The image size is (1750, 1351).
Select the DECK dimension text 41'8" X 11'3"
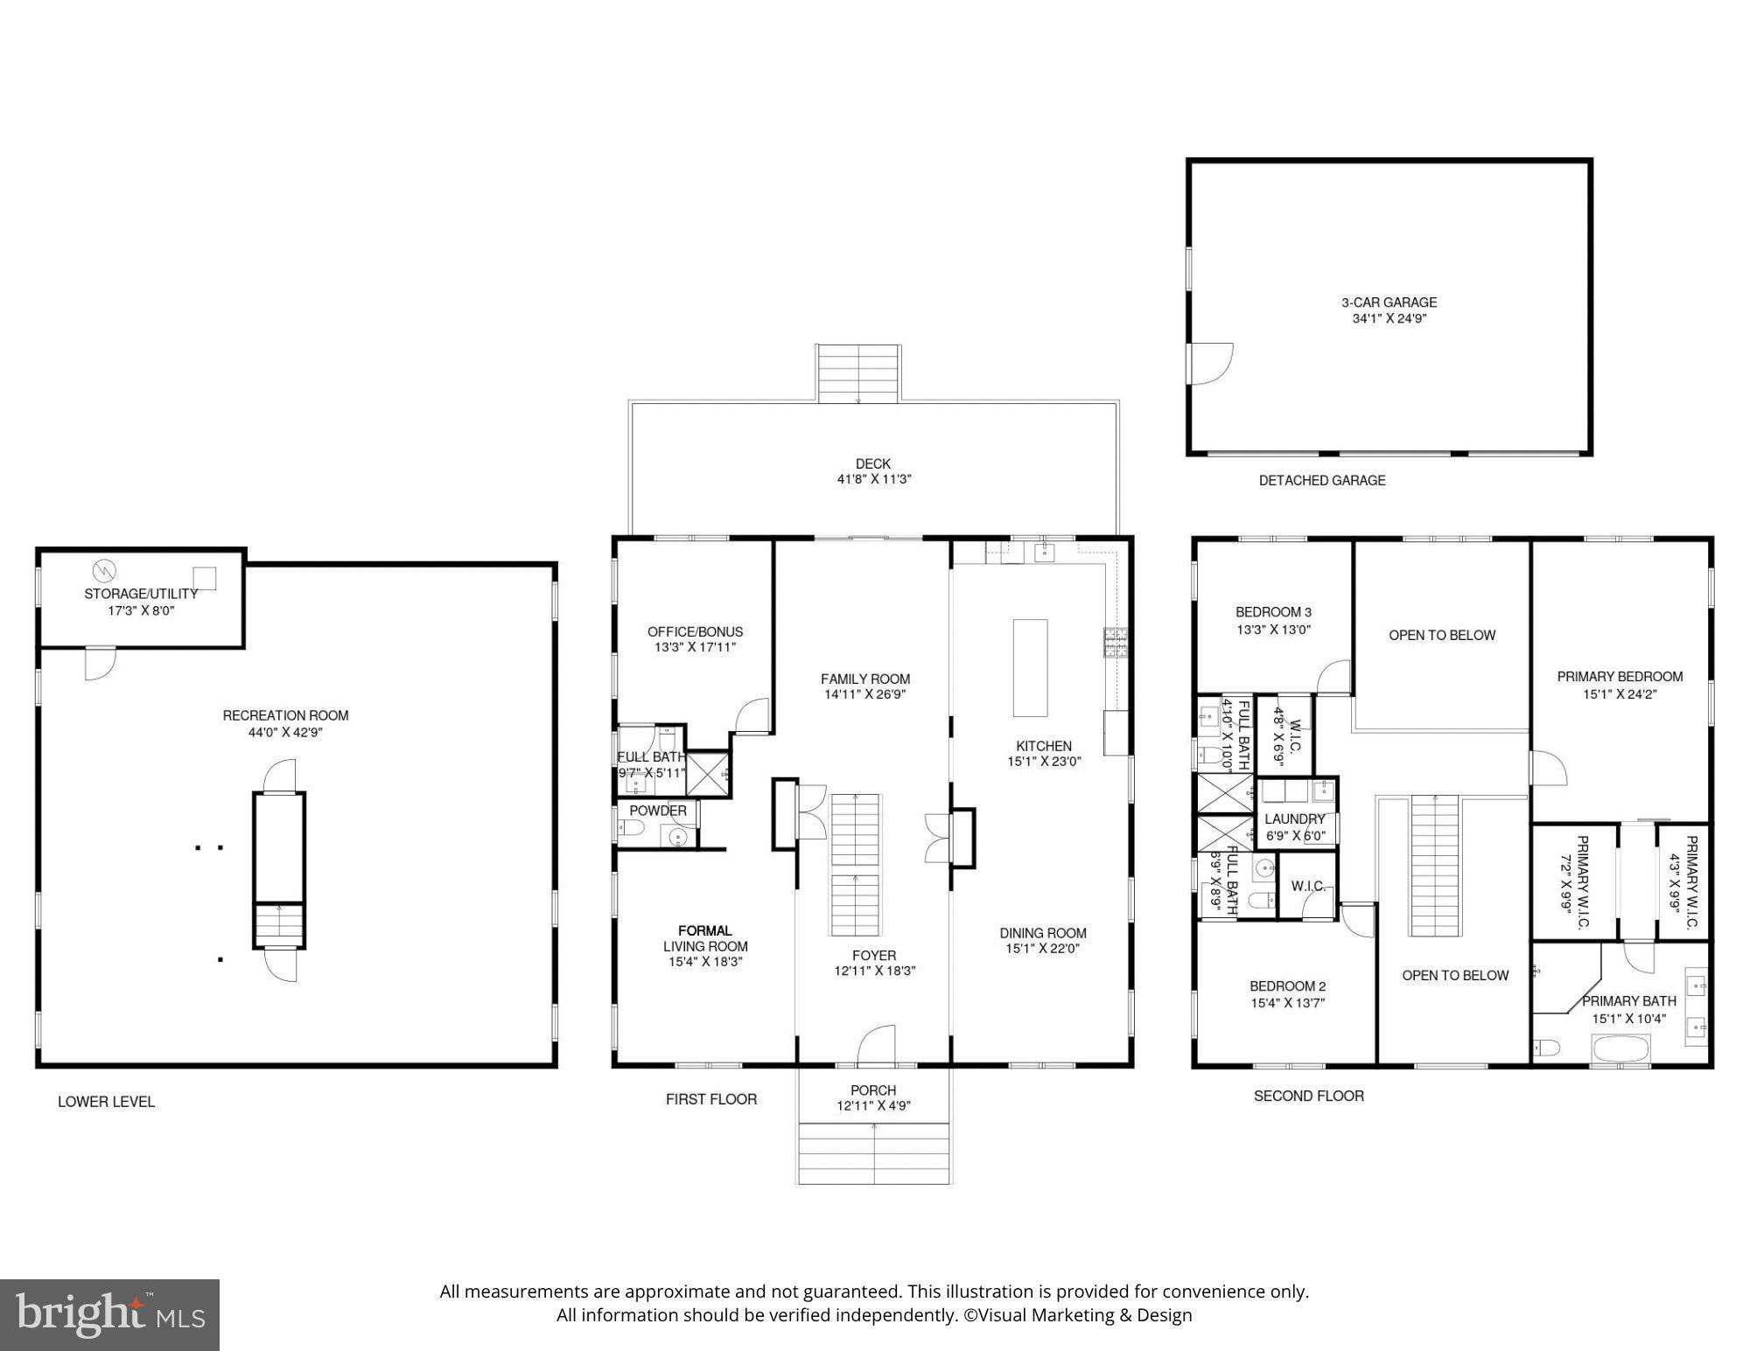click(873, 479)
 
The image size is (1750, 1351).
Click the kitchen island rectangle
click(1030, 667)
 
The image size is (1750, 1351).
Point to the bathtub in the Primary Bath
click(1620, 1048)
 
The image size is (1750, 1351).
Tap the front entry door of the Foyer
click(877, 1045)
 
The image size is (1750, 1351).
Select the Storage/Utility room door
click(100, 662)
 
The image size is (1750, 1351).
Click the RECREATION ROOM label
click(285, 715)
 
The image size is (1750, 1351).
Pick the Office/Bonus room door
click(752, 717)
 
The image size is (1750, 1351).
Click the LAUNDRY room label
click(1294, 819)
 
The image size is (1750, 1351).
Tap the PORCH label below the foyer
click(873, 1090)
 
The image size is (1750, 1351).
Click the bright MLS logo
click(109, 1314)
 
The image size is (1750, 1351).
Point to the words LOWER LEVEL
click(106, 1102)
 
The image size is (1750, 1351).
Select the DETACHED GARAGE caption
click(1321, 480)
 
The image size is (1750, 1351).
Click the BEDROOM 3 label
click(1273, 612)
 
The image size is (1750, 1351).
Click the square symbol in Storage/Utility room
click(205, 578)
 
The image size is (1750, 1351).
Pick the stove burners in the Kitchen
click(1115, 643)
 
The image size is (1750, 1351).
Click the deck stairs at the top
click(858, 373)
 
